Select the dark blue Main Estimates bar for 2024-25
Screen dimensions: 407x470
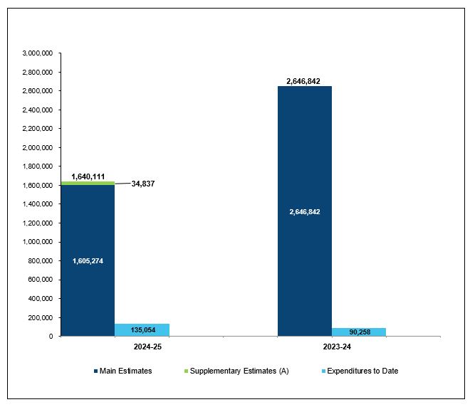point(88,299)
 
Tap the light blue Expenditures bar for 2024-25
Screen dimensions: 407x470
point(142,329)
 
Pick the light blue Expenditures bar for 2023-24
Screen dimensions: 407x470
point(359,332)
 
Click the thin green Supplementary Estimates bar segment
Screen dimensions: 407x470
point(88,183)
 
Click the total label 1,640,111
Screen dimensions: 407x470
point(88,175)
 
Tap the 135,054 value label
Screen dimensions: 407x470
point(142,330)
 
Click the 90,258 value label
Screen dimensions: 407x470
point(359,332)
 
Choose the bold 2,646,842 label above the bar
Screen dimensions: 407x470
point(303,81)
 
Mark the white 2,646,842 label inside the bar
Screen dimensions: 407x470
point(304,211)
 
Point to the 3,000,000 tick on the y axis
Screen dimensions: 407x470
point(39,53)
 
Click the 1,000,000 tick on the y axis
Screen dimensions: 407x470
point(39,242)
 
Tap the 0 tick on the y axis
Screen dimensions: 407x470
point(53,336)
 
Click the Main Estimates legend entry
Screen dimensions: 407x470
point(122,371)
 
